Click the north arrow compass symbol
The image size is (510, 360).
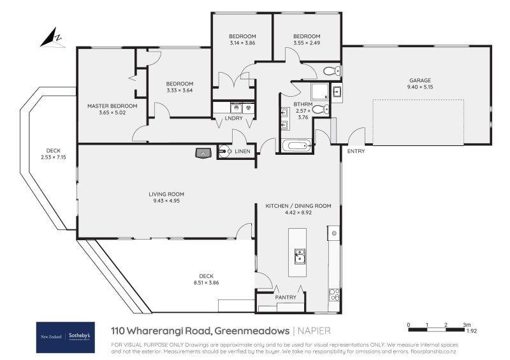coord(52,38)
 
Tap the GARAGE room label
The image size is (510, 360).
coord(420,80)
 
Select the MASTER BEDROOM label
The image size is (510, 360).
coord(112,106)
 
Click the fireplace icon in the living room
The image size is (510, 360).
coord(203,153)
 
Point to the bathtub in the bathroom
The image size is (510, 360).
coord(296,145)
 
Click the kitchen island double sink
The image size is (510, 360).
coord(300,256)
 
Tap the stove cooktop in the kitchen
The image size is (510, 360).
coord(334,294)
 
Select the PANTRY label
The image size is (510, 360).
coord(286,297)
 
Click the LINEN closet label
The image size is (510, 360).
coord(243,151)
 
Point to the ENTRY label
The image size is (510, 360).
coord(356,151)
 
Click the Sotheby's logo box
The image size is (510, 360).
coord(66,337)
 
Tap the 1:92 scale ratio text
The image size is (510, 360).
coord(471,331)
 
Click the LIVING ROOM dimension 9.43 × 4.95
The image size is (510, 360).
coord(166,201)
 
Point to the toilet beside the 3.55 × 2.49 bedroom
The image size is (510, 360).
coord(332,71)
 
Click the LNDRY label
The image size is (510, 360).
coord(233,118)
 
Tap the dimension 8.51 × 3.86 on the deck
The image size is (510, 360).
coord(206,283)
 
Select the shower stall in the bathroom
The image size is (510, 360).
coord(320,91)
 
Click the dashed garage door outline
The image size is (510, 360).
coord(418,122)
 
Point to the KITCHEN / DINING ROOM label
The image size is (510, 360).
coord(298,206)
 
